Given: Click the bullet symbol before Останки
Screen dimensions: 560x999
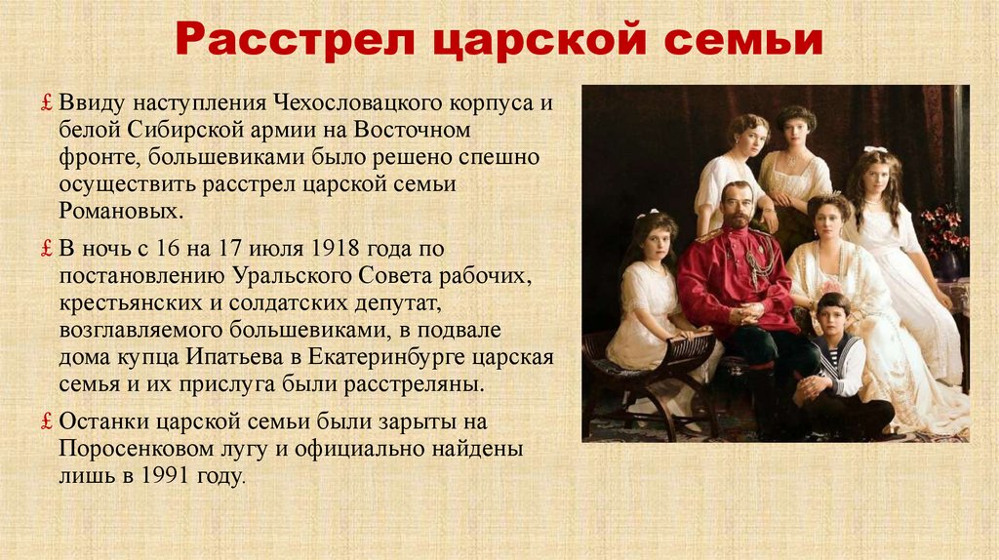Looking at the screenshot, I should pyautogui.click(x=47, y=422).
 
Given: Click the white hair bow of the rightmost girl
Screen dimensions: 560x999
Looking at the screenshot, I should pyautogui.click(x=875, y=150).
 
